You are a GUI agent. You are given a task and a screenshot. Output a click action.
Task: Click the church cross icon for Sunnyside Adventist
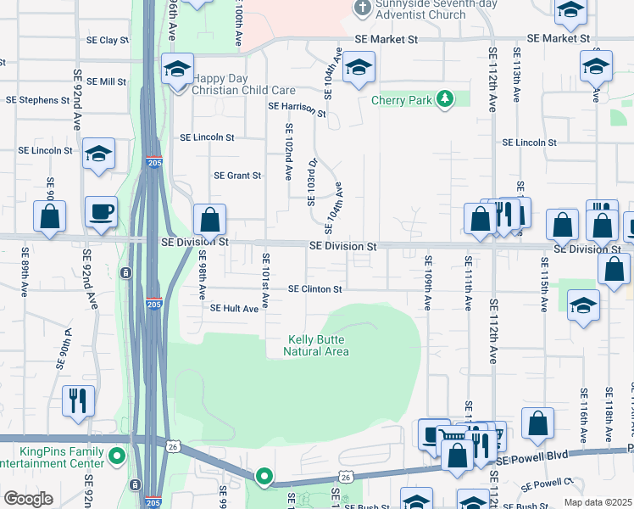(363, 8)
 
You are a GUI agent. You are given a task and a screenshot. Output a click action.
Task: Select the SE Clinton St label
(314, 289)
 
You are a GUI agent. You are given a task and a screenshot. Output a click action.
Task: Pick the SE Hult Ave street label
(234, 309)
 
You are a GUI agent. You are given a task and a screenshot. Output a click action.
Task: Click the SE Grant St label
(237, 176)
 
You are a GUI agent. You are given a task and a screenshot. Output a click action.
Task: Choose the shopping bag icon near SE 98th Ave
(209, 221)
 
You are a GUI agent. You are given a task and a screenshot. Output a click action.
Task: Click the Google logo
(28, 499)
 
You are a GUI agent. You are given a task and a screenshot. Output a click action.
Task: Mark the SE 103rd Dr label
(312, 182)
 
